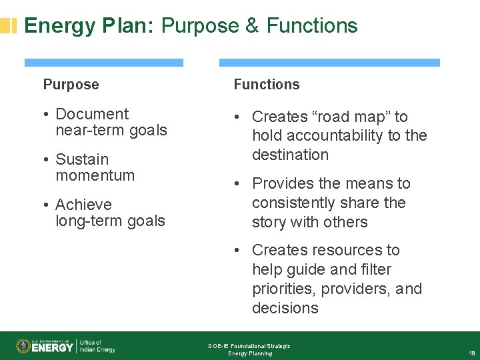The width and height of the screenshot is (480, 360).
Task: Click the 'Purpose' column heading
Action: [71, 85]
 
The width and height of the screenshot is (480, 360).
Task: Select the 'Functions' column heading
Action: [266, 85]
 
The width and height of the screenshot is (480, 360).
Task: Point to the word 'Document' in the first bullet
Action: [92, 115]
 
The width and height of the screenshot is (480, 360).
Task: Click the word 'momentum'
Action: [95, 175]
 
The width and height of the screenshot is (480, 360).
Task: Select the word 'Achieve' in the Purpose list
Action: [83, 205]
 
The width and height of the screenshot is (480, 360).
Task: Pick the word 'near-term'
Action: [85, 130]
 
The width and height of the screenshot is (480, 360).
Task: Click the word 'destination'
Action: [290, 155]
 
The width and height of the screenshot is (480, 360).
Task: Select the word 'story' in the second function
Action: [270, 222]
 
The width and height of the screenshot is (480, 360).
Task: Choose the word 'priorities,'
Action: [285, 289]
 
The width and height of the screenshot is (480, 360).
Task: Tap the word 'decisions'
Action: [285, 308]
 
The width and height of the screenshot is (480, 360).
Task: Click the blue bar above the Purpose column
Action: [103, 63]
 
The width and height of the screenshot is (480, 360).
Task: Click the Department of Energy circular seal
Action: [23, 346]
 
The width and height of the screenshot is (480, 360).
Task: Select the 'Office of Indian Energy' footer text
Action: [97, 346]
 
